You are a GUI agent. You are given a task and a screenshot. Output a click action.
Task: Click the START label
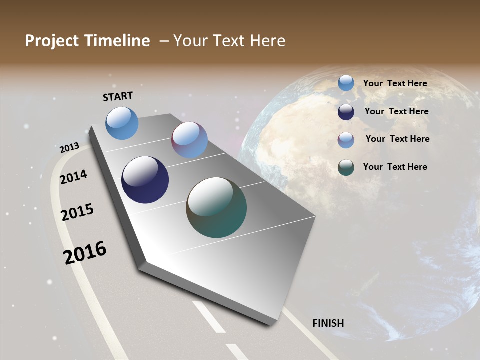[118, 96]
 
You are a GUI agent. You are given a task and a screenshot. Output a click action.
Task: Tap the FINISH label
[328, 323]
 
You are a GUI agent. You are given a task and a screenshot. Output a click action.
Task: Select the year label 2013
[69, 147]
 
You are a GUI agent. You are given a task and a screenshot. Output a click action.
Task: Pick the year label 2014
[73, 177]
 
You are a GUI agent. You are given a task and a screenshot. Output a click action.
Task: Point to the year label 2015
[77, 212]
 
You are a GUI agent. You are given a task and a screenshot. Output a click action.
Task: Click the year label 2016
[85, 253]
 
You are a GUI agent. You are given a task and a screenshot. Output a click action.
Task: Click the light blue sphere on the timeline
[122, 123]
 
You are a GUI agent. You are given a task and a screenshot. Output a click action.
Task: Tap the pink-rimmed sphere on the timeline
[189, 140]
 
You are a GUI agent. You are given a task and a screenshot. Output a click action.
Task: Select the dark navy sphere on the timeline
[145, 180]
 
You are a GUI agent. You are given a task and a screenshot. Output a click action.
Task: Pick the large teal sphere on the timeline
[216, 207]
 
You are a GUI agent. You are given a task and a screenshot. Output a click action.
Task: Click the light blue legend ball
[346, 83]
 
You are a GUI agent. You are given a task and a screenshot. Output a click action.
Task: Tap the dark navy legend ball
[346, 111]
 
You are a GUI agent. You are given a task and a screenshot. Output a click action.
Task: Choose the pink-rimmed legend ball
[346, 140]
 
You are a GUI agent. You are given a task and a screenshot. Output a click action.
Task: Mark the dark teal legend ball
[346, 167]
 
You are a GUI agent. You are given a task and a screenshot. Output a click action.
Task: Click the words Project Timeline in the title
[87, 41]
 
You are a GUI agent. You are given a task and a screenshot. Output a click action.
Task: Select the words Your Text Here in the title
[229, 41]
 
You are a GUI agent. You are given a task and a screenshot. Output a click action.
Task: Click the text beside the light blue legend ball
[395, 83]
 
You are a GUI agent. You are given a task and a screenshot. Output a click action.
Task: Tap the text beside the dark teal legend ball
[395, 167]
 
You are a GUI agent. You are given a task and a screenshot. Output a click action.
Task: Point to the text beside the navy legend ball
[396, 111]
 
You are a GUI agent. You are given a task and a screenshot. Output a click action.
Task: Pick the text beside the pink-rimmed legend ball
[397, 139]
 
